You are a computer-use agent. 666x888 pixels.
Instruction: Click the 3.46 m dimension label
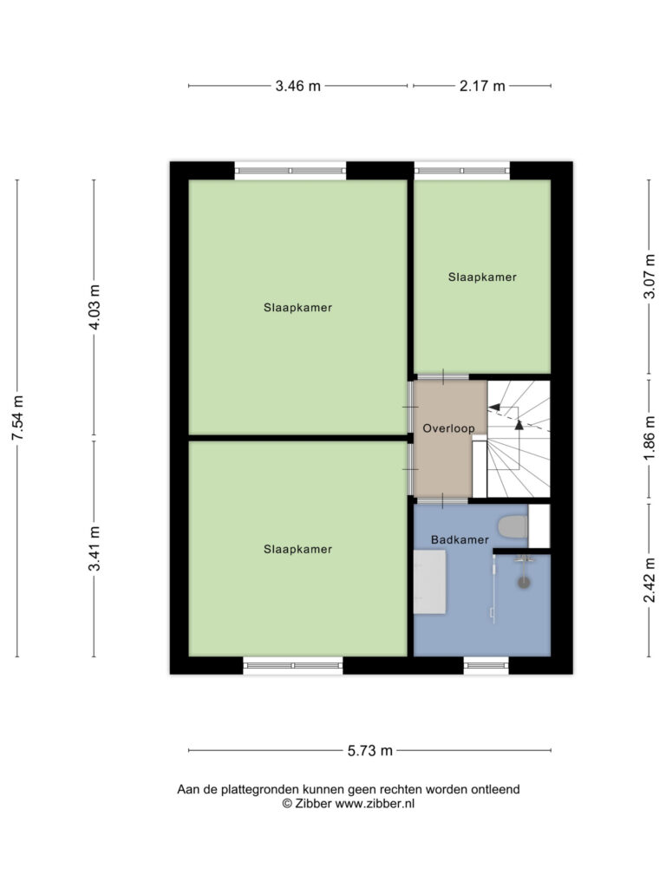coord(298,86)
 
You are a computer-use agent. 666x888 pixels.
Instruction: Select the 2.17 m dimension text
coord(482,86)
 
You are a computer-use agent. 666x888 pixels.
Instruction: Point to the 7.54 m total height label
coord(18,418)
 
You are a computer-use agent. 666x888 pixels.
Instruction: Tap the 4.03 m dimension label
coord(95,307)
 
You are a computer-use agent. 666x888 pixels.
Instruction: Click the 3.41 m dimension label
coord(95,548)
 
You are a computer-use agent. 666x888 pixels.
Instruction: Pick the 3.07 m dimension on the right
coord(650,276)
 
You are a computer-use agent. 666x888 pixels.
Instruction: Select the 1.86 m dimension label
coord(650,438)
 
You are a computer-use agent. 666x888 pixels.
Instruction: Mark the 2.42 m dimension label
coord(650,579)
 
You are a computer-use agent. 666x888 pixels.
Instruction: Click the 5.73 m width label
coord(369,751)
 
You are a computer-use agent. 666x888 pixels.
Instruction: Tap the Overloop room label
coord(448,428)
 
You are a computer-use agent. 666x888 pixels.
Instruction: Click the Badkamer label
coord(460,539)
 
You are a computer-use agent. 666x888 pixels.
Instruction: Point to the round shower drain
coord(524,581)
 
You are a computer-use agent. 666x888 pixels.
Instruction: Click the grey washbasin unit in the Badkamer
coord(430,582)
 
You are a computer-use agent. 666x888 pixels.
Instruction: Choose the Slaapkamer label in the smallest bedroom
coord(482,277)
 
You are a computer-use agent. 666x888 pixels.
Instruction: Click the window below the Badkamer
coord(486,665)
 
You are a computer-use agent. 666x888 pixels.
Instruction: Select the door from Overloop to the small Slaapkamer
coord(443,376)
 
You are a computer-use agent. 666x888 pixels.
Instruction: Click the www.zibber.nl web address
coord(375,804)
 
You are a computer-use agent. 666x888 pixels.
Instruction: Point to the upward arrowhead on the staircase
coord(519,424)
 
